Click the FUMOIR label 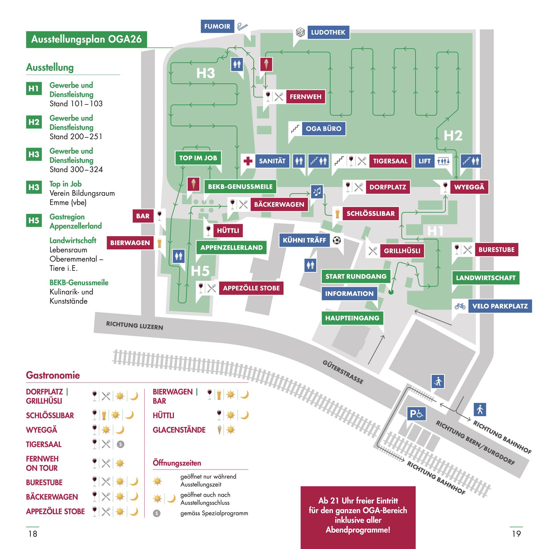tap(217, 26)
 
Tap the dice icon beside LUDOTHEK tap(300, 32)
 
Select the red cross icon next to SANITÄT tap(248, 161)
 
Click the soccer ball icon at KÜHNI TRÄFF tap(337, 240)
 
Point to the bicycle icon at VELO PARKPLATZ tap(460, 306)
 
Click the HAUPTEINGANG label tap(352, 318)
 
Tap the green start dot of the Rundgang tap(391, 292)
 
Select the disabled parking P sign tap(416, 414)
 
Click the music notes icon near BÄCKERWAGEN tap(317, 191)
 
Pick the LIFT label tap(424, 161)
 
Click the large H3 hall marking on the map tap(205, 73)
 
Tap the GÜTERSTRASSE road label tap(343, 372)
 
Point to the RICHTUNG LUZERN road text tap(134, 325)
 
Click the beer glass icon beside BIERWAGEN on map tap(159, 242)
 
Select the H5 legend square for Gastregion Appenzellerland tap(34, 220)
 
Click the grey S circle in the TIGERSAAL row tap(120, 444)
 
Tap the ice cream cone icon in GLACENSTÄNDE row tap(219, 430)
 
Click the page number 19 tap(516, 534)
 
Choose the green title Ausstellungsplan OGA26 tap(86, 39)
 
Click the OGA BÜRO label tap(323, 129)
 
